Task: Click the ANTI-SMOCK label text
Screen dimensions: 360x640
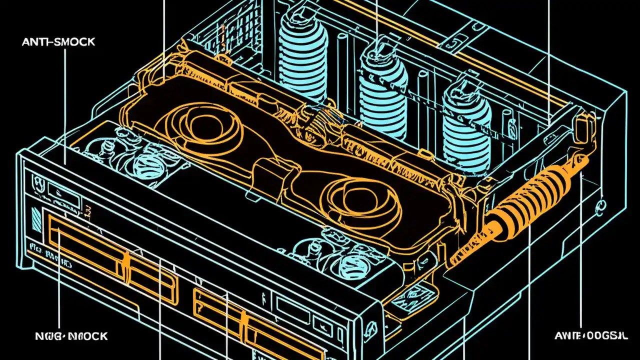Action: pyautogui.click(x=58, y=42)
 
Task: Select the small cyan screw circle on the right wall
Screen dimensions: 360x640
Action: pyautogui.click(x=597, y=205)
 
